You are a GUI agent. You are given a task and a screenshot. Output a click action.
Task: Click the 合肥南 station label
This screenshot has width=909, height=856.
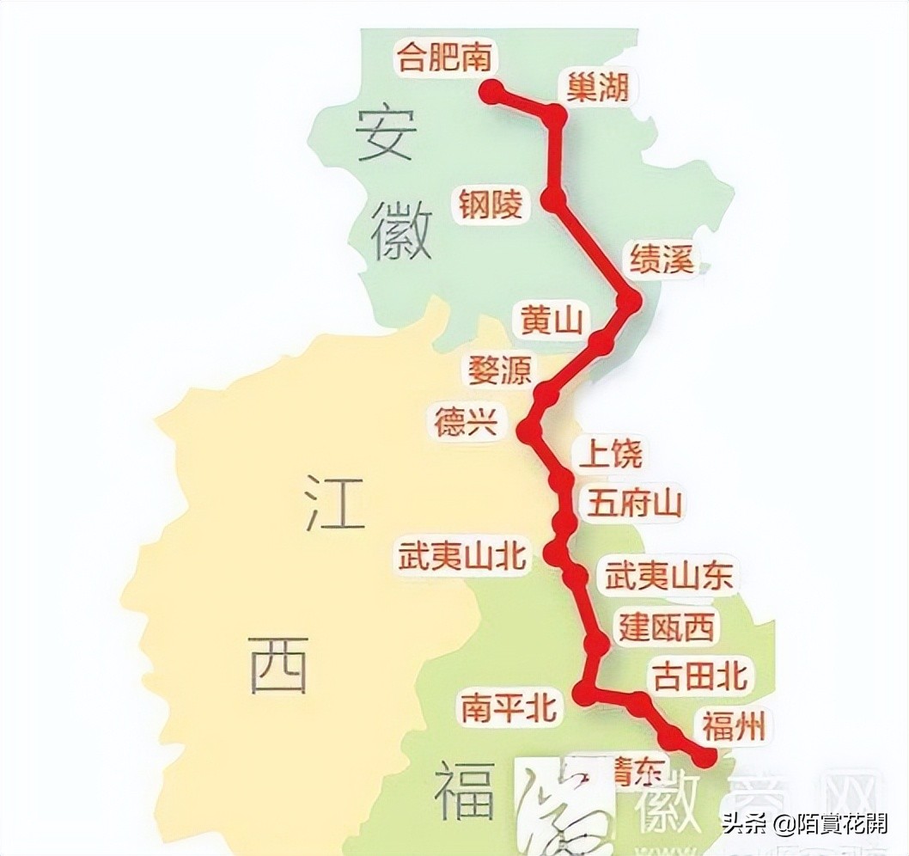(x=443, y=58)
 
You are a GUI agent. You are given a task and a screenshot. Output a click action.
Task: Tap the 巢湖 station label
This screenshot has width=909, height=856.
(x=598, y=87)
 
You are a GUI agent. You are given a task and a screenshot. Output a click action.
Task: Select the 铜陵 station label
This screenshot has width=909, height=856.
(x=491, y=205)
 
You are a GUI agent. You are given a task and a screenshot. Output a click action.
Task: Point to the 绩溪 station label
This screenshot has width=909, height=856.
(x=662, y=259)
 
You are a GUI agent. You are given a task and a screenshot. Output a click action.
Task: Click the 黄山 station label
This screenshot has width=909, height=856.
(x=552, y=321)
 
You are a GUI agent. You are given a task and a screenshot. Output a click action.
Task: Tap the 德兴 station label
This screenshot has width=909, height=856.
(x=467, y=423)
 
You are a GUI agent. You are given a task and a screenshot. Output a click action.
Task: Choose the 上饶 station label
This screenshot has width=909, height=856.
(x=611, y=454)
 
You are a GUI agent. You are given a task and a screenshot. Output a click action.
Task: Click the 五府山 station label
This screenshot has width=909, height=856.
(x=635, y=503)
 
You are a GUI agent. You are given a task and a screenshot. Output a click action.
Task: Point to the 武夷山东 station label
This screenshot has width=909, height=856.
(x=669, y=577)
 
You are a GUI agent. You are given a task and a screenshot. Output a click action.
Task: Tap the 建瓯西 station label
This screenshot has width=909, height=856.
(x=667, y=628)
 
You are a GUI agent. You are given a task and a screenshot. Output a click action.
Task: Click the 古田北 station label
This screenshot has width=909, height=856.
(x=699, y=676)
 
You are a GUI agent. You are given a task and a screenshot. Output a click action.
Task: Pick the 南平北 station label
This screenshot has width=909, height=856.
(x=508, y=708)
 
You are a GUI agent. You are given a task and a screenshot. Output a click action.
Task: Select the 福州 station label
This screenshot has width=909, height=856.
(x=733, y=727)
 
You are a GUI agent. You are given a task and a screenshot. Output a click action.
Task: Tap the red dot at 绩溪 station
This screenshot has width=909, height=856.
(x=631, y=302)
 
